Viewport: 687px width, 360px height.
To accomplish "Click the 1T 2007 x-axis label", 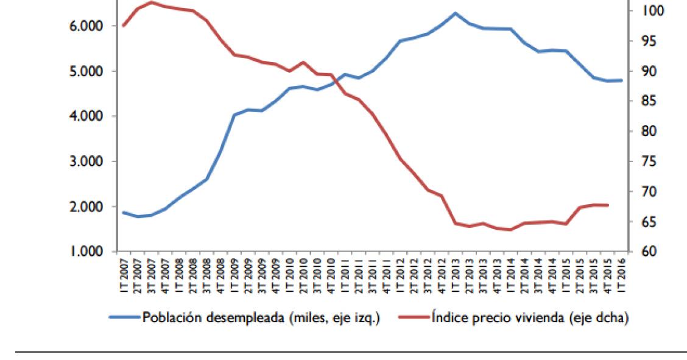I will click(x=124, y=275).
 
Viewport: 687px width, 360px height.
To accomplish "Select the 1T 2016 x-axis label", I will click(x=620, y=275).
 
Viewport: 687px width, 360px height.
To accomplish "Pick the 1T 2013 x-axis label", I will click(x=455, y=275).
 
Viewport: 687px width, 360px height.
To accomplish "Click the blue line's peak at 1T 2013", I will click(x=455, y=13).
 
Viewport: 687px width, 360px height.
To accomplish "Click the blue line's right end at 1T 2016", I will click(x=621, y=80).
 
